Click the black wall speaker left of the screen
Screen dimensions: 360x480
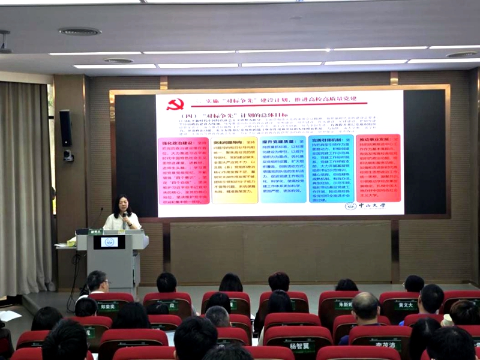pyautogui.click(x=65, y=128)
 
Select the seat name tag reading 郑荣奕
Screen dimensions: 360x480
pyautogui.click(x=108, y=306)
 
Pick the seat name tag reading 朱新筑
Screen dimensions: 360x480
pyautogui.click(x=343, y=305)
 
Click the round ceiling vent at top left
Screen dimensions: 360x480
pyautogui.click(x=80, y=31)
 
